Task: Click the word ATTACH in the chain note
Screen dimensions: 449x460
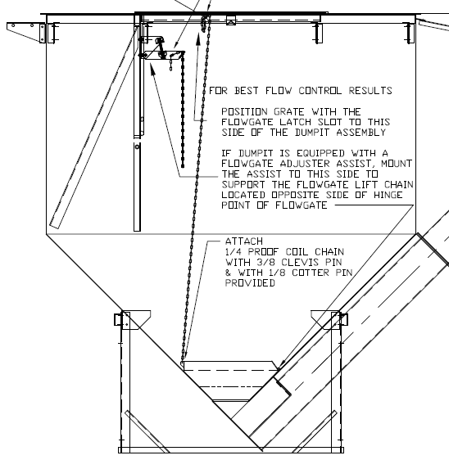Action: coord(244,241)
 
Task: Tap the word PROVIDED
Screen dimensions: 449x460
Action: coord(250,283)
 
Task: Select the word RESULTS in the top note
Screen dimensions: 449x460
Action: coord(370,90)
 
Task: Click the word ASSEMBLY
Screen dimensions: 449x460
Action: coord(361,133)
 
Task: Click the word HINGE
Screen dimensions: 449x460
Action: coord(388,195)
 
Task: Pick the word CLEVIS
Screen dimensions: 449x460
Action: coord(297,262)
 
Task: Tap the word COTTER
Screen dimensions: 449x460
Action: coord(311,273)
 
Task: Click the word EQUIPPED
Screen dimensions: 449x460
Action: coord(320,153)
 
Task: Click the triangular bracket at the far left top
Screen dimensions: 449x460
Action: coord(26,32)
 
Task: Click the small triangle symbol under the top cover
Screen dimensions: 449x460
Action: coord(231,21)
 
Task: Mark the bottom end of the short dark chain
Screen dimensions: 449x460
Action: coord(183,166)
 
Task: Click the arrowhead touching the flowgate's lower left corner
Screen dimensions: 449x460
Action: coord(183,359)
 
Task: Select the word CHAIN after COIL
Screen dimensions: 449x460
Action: coord(329,252)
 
